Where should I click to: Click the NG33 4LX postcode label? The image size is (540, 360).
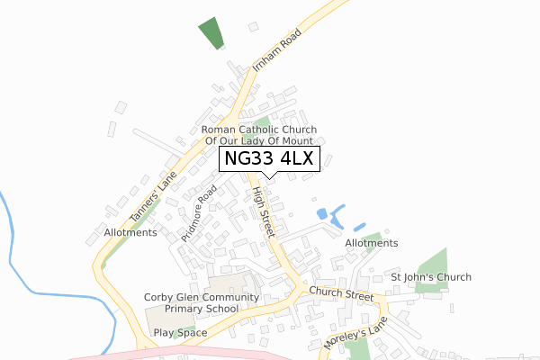tap(271, 159)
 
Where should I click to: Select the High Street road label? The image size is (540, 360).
tap(262, 213)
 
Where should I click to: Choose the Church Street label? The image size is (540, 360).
tap(341, 294)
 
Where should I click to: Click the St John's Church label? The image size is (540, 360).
tap(430, 277)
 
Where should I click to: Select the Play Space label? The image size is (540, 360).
tap(180, 333)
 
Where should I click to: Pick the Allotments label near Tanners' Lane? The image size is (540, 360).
tap(130, 232)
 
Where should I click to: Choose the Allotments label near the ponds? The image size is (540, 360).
tap(372, 243)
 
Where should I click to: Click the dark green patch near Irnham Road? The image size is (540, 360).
tap(211, 33)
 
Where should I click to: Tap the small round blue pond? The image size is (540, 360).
tap(322, 214)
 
